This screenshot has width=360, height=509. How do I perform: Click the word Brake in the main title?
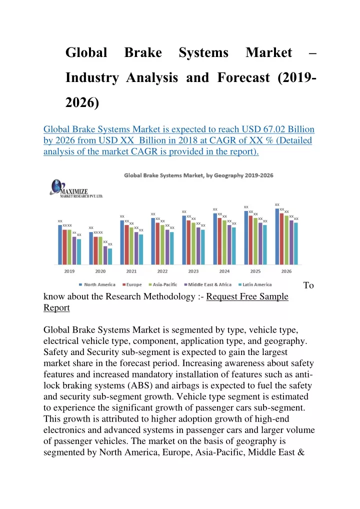[143, 52]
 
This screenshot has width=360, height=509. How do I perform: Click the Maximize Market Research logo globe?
[56, 186]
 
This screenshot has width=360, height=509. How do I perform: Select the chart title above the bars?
[198, 175]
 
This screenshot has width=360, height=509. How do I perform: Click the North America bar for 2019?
[60, 245]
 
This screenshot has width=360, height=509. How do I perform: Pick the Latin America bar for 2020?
[110, 256]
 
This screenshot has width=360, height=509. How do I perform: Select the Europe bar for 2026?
[282, 239]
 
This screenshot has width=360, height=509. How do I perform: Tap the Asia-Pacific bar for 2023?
[193, 243]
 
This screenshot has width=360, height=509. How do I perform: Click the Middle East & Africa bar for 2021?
[136, 248]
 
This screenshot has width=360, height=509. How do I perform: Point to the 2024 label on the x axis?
[224, 271]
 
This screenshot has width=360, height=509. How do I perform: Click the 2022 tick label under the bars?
[162, 271]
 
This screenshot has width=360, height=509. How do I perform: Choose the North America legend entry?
[97, 284]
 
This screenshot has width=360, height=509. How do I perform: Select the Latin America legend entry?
[255, 284]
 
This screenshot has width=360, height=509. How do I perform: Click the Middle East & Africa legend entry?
[208, 284]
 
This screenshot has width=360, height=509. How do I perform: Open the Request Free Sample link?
[247, 296]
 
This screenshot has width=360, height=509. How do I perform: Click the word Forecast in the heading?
[243, 77]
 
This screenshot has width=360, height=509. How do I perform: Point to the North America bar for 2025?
[246, 238]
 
